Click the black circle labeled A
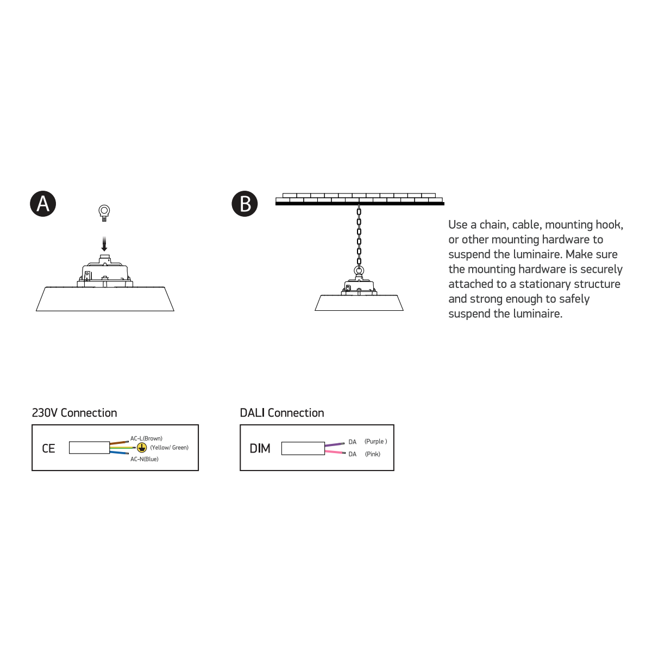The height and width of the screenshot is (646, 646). (43, 204)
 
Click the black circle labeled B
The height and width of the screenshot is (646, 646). (244, 204)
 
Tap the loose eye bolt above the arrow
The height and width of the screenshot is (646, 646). (104, 213)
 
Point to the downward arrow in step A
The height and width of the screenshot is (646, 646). (104, 244)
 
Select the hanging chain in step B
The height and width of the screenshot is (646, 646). (359, 236)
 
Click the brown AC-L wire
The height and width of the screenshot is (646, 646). (119, 443)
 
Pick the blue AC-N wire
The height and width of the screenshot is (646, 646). (119, 453)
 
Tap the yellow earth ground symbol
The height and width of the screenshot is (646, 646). (142, 448)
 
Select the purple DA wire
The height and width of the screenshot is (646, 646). (335, 444)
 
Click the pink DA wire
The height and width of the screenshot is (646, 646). (335, 452)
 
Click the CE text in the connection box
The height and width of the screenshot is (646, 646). (48, 448)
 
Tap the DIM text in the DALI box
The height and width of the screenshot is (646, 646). (260, 448)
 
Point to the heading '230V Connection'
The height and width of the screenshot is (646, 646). (74, 413)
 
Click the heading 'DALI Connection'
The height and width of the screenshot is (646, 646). (282, 413)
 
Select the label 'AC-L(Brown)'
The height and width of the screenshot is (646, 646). (146, 438)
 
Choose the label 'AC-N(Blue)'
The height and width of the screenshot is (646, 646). (144, 459)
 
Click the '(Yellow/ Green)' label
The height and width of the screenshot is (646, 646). (170, 448)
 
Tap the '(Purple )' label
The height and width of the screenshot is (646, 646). (376, 441)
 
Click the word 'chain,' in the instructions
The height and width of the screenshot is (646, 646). (494, 224)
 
